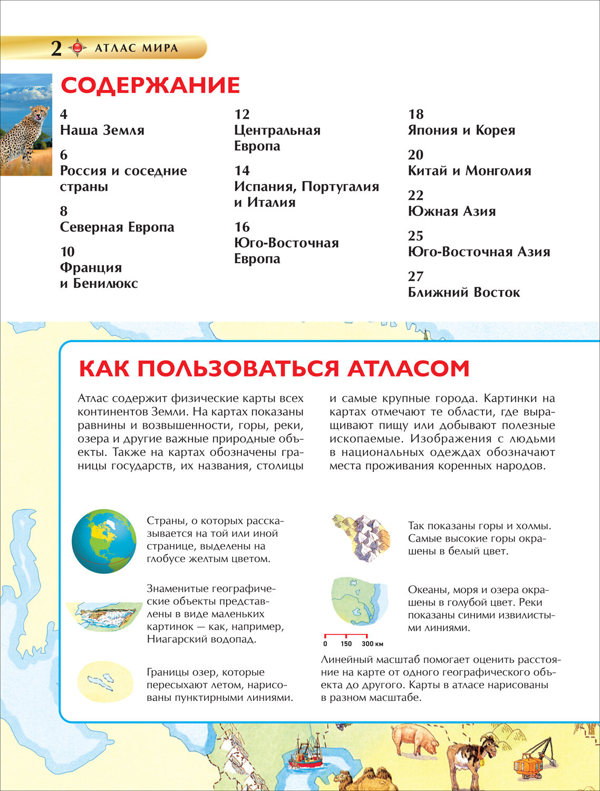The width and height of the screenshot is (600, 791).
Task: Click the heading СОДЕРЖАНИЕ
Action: click(x=150, y=85)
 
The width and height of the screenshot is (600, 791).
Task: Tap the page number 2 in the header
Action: click(x=56, y=49)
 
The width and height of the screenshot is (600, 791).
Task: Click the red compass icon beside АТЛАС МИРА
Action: click(x=78, y=48)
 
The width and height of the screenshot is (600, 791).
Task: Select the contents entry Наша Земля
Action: click(x=102, y=130)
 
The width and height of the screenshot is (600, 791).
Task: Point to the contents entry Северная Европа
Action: click(x=117, y=227)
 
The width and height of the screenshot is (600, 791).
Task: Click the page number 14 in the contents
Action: click(x=242, y=170)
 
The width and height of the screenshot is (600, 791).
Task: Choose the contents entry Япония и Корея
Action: click(x=461, y=130)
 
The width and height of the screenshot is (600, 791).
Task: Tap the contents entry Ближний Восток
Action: click(x=464, y=292)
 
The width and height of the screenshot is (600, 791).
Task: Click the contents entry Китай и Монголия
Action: click(x=469, y=171)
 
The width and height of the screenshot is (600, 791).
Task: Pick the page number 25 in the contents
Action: click(x=415, y=236)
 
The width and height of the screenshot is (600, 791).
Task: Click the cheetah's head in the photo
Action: click(x=38, y=113)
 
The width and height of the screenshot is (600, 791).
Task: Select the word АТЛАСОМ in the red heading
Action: click(x=408, y=369)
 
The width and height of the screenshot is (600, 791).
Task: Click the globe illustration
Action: click(x=104, y=541)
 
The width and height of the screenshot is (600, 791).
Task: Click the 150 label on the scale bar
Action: click(x=346, y=643)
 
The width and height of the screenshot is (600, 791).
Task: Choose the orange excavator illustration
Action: click(x=533, y=759)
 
